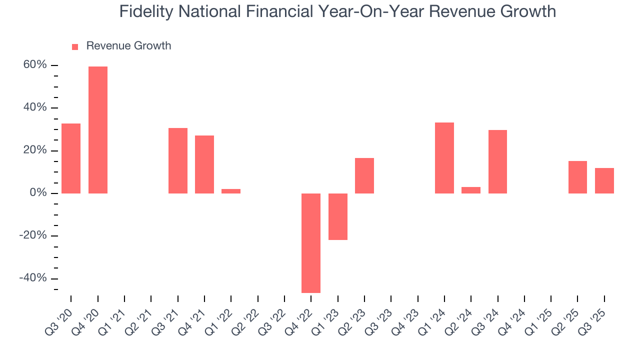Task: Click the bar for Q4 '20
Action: point(98,130)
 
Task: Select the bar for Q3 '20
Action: point(71,158)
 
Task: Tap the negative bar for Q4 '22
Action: point(311,243)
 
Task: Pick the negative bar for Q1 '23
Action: point(338,216)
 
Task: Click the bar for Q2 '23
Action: point(364,175)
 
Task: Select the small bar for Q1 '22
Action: point(231,191)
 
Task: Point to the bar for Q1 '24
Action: point(444,158)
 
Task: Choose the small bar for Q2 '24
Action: point(471,190)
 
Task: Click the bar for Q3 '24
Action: point(497,161)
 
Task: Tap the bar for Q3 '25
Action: point(604,180)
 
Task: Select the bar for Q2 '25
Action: point(577,177)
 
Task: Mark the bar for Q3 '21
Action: point(178,160)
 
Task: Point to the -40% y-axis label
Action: point(33,278)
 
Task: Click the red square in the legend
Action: point(75,46)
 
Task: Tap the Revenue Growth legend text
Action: point(128,46)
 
